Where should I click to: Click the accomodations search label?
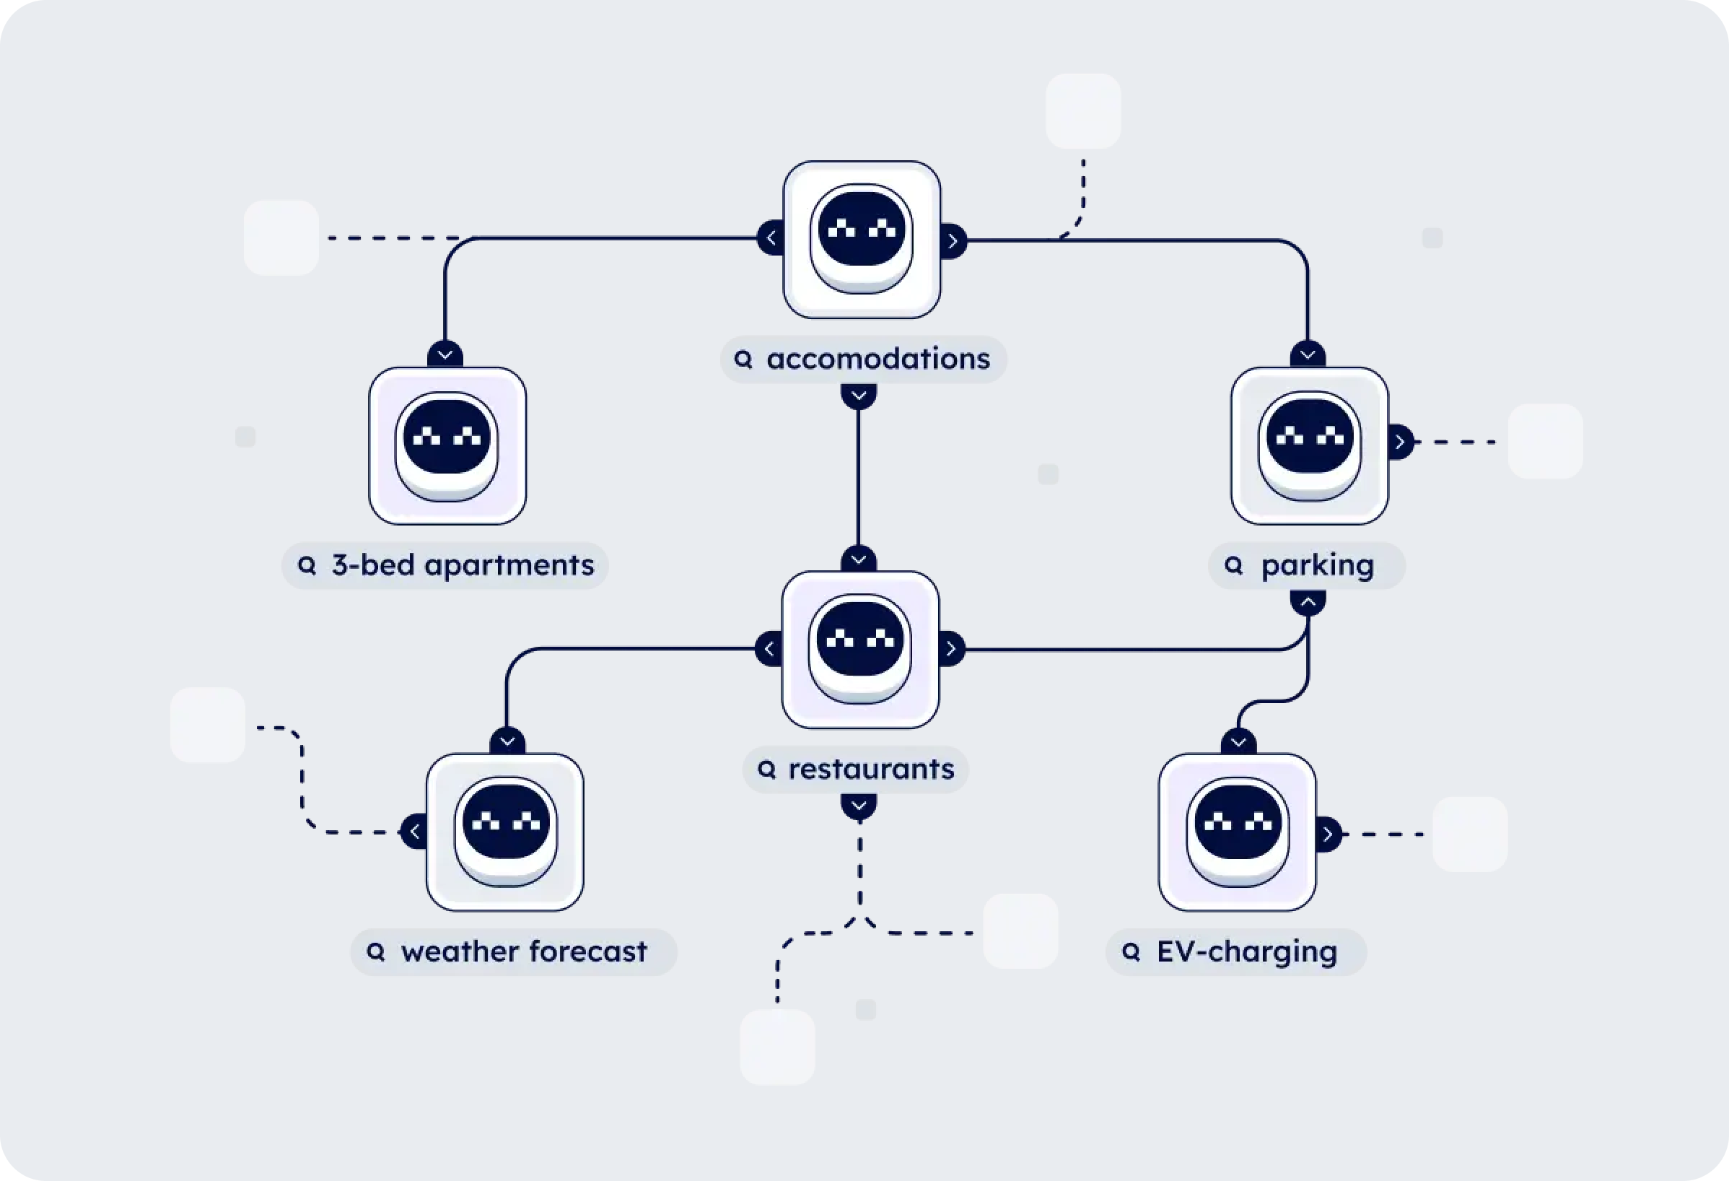pyautogui.click(x=863, y=359)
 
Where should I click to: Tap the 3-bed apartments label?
pyautogui.click(x=445, y=565)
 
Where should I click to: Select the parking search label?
pyautogui.click(x=1306, y=565)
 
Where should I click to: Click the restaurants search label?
pyautogui.click(x=856, y=770)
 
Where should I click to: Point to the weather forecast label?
pyautogui.click(x=513, y=951)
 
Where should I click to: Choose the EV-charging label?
pyautogui.click(x=1235, y=951)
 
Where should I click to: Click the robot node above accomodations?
pyautogui.click(x=862, y=240)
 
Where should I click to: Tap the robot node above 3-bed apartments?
pyautogui.click(x=447, y=445)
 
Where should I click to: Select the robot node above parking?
pyautogui.click(x=1310, y=445)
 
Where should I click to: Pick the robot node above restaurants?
pyautogui.click(x=860, y=650)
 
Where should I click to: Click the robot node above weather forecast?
pyautogui.click(x=505, y=832)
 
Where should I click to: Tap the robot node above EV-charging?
pyautogui.click(x=1238, y=832)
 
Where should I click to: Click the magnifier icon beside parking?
pyautogui.click(x=1233, y=565)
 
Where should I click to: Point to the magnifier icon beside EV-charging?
pyautogui.click(x=1131, y=951)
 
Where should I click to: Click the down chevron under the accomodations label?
pyautogui.click(x=859, y=395)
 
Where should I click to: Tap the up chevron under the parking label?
pyautogui.click(x=1308, y=601)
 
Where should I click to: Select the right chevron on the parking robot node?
pyautogui.click(x=1400, y=442)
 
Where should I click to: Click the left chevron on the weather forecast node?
pyautogui.click(x=414, y=832)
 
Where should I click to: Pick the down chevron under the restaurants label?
pyautogui.click(x=859, y=806)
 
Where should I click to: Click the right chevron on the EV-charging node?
pyautogui.click(x=1328, y=834)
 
